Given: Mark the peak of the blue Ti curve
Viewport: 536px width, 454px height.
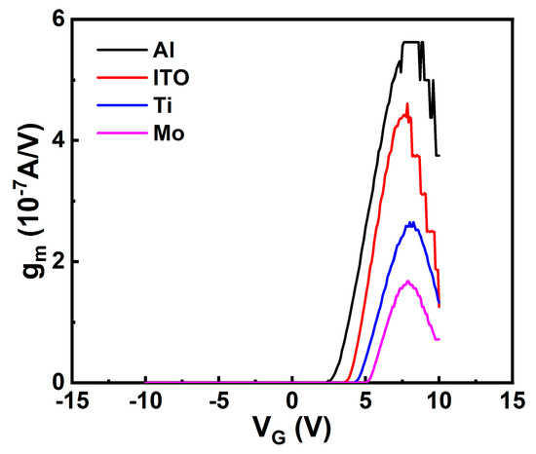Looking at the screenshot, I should [x=412, y=223].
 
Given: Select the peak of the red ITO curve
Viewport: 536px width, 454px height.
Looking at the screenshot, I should [x=407, y=104].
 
